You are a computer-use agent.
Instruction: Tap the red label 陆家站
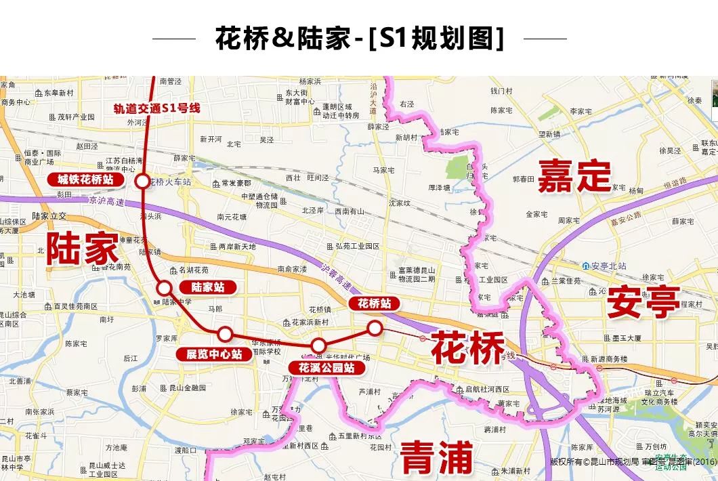pyautogui.click(x=208, y=287)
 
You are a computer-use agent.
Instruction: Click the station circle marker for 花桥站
pyautogui.click(x=375, y=328)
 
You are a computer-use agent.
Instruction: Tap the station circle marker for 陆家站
pyautogui.click(x=164, y=288)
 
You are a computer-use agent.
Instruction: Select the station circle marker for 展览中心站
pyautogui.click(x=225, y=334)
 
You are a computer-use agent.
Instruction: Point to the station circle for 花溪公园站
pyautogui.click(x=318, y=346)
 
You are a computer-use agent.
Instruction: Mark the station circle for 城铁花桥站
pyautogui.click(x=142, y=181)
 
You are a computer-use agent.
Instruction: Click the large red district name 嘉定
pyautogui.click(x=574, y=176)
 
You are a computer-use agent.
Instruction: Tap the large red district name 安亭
pyautogui.click(x=643, y=301)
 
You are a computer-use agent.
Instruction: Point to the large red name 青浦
pyautogui.click(x=436, y=457)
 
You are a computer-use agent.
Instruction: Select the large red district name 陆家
pyautogui.click(x=82, y=249)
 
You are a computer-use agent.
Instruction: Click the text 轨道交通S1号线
pyautogui.click(x=156, y=108)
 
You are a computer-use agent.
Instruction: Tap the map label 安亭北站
pyautogui.click(x=608, y=266)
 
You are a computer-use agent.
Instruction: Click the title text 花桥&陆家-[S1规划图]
pyautogui.click(x=360, y=39)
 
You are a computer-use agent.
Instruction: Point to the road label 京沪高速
pyautogui.click(x=107, y=201)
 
